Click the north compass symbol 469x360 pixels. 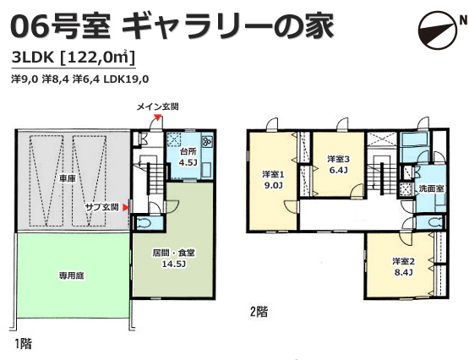pyautogui.click(x=438, y=30)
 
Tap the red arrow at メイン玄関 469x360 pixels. pyautogui.click(x=157, y=117)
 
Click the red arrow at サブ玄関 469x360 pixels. pyautogui.click(x=127, y=207)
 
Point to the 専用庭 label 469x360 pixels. pyautogui.click(x=71, y=275)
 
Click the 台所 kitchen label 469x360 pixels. pyautogui.click(x=188, y=151)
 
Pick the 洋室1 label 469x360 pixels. pyautogui.click(x=273, y=174)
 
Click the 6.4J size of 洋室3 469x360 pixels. pyautogui.click(x=338, y=171)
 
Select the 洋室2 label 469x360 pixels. pyautogui.click(x=403, y=262)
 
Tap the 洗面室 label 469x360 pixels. pyautogui.click(x=431, y=188)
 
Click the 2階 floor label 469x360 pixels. pyautogui.click(x=259, y=312)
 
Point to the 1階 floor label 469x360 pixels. pyautogui.click(x=23, y=344)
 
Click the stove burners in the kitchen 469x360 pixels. pyautogui.click(x=207, y=140)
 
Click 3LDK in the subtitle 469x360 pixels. pyautogui.click(x=32, y=57)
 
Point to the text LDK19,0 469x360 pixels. pyautogui.click(x=126, y=79)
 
